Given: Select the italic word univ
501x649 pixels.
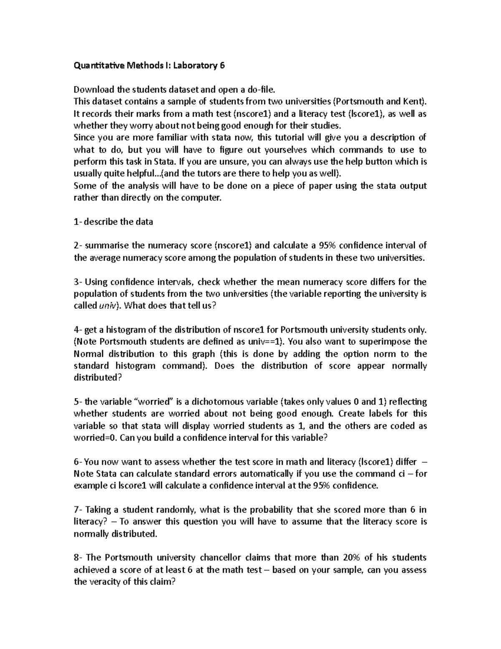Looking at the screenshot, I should point(107,305).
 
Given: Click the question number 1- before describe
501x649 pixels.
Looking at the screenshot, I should point(78,222).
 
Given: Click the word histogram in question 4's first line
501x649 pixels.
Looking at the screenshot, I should point(120,330).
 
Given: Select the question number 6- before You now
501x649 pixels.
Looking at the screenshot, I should point(78,462).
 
